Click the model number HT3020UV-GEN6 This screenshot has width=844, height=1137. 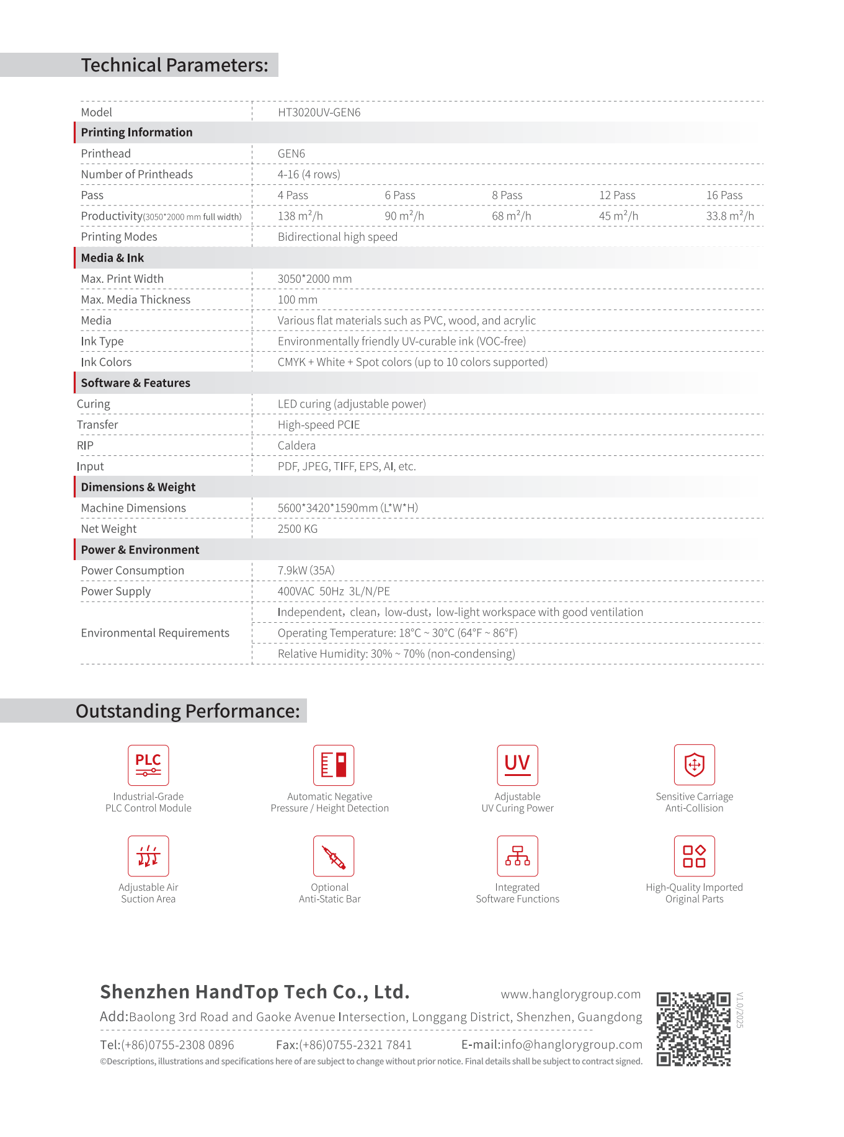pos(319,112)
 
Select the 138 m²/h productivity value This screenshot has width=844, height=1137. pos(300,216)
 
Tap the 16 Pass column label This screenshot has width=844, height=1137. pos(724,195)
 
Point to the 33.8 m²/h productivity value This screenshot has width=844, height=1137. pos(729,216)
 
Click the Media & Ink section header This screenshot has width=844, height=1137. pos(112,258)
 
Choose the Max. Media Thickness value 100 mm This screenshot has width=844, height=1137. pos(297,300)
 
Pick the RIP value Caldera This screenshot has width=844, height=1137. pos(296,445)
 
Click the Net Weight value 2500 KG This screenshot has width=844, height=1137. pos(297,528)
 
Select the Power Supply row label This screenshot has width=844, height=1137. pos(116,591)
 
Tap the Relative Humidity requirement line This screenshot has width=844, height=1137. pos(396,654)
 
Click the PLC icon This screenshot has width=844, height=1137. pos(148,765)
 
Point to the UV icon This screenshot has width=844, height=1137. pos(517,765)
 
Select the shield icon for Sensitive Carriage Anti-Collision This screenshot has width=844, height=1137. pos(694,765)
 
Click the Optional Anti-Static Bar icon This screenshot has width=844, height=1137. pos(334,856)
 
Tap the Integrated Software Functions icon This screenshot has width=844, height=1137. pos(517,856)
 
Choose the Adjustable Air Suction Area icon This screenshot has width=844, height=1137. pos(148,856)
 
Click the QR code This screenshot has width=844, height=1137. pos(693,1029)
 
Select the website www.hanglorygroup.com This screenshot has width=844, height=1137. pos(571,994)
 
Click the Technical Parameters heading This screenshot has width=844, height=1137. pos(174,65)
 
